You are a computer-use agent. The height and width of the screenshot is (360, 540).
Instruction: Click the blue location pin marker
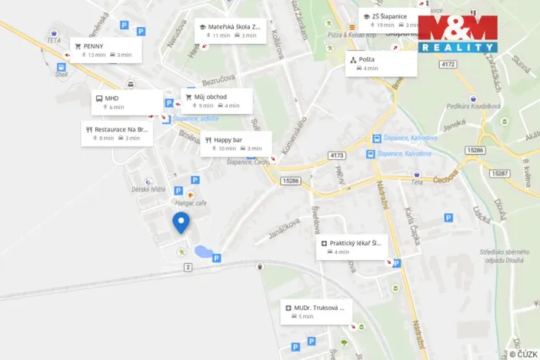(181, 222)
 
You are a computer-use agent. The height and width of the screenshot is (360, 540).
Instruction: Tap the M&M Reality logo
(458, 34)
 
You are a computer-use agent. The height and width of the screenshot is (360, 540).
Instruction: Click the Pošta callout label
(382, 63)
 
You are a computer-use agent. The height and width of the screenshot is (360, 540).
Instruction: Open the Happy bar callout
(236, 143)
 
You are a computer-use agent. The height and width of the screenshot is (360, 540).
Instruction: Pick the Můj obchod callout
(217, 101)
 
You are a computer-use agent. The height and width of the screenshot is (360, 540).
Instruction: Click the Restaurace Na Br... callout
(118, 134)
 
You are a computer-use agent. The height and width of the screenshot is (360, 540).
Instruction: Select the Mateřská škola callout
(231, 30)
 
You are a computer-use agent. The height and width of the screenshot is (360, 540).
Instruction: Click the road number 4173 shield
(336, 155)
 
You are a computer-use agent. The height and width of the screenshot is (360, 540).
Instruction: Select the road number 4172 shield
(448, 64)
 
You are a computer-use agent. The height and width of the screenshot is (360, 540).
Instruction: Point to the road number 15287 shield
(500, 174)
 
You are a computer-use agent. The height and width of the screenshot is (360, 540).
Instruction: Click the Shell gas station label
(61, 75)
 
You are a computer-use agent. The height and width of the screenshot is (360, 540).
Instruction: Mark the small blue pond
(203, 252)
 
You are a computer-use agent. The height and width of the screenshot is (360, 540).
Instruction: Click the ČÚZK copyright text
(523, 354)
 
